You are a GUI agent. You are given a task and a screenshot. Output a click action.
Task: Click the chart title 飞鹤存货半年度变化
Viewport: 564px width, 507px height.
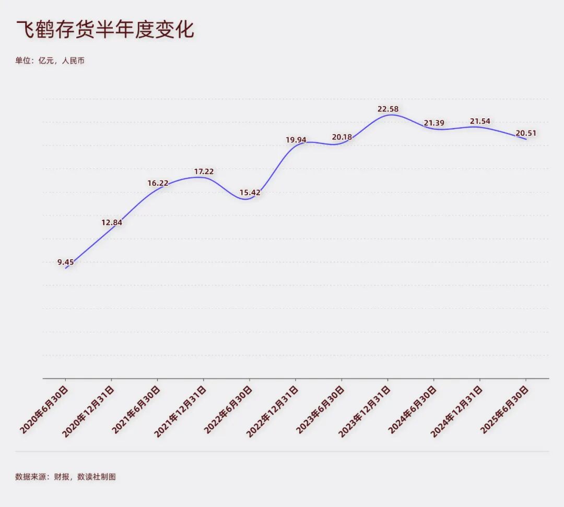[x=105, y=30]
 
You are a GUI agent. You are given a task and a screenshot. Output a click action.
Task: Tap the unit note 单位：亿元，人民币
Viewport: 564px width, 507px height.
[x=50, y=61]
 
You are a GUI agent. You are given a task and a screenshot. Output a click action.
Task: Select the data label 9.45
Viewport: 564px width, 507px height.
[x=66, y=262]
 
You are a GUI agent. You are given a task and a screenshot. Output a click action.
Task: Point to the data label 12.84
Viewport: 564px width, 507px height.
[x=112, y=222]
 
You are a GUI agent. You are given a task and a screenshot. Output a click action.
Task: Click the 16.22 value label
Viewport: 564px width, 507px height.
[x=158, y=183]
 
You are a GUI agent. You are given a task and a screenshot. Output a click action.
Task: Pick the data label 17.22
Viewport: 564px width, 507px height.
[x=204, y=171]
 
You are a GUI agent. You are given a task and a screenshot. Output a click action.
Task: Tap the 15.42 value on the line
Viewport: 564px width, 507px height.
[x=250, y=192]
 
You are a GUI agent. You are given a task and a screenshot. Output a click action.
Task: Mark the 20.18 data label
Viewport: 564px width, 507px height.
[x=342, y=137]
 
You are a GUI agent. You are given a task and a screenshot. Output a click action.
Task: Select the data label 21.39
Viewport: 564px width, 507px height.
[x=433, y=123]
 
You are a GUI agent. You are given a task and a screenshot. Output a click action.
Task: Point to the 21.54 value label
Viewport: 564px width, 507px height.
[x=479, y=121]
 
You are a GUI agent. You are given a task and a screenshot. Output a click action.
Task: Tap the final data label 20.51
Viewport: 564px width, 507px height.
[x=525, y=133]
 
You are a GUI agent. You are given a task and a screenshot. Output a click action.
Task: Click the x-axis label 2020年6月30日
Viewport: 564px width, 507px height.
[x=45, y=410]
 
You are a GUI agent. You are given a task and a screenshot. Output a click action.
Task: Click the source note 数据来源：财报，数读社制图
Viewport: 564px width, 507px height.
[x=65, y=477]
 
